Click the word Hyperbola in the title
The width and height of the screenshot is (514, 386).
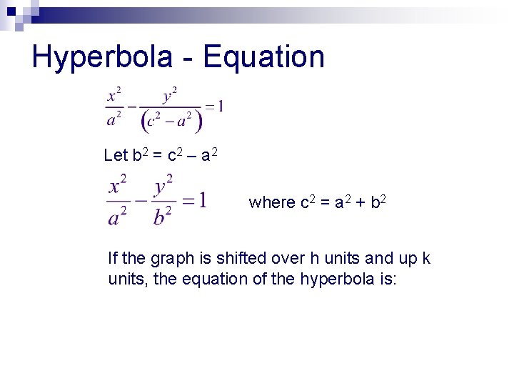click(102, 57)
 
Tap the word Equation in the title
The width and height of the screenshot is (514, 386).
click(264, 57)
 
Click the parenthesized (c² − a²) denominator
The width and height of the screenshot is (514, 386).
click(172, 122)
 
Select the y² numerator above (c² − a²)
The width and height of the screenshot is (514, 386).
click(170, 96)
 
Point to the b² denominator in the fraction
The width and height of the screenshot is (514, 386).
click(163, 214)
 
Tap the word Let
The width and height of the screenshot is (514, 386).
click(115, 155)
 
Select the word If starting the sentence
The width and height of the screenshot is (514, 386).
click(113, 257)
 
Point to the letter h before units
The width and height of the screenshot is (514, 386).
click(315, 257)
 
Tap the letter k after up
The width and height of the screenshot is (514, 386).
click(425, 257)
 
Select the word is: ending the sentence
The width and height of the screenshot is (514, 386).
click(389, 279)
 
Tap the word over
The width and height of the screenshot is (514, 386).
click(288, 258)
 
